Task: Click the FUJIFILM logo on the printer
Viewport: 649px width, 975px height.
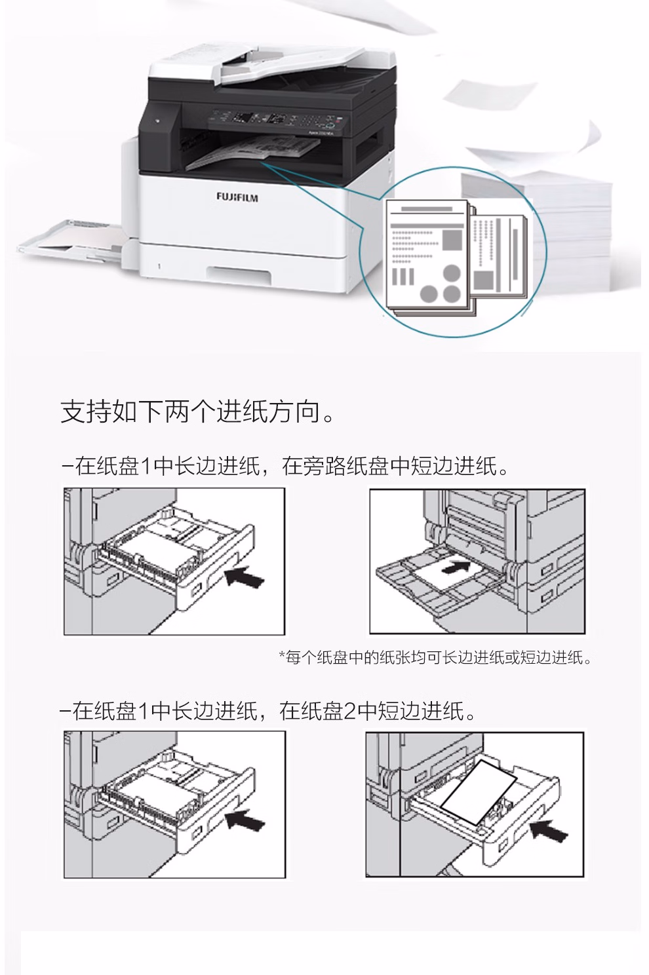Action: (237, 198)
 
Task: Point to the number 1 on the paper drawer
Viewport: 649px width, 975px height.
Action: (159, 266)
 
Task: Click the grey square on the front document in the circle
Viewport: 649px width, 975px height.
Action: (452, 240)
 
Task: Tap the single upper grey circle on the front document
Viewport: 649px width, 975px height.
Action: (452, 274)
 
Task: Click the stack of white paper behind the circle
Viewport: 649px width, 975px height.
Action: (551, 231)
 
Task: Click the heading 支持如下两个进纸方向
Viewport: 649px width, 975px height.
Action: (198, 411)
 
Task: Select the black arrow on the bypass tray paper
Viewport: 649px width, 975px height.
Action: (456, 567)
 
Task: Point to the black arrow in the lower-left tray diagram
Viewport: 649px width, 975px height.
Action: (245, 819)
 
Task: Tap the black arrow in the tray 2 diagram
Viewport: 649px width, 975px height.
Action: (549, 830)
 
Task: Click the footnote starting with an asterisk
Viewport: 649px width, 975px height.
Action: (435, 657)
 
